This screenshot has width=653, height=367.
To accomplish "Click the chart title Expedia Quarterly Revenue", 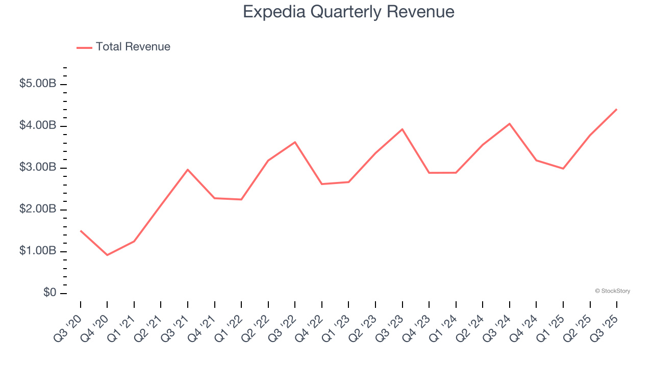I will pyautogui.click(x=348, y=12).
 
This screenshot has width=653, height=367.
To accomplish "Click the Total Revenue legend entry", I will pyautogui.click(x=133, y=47).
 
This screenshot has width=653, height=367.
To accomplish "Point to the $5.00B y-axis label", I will pyautogui.click(x=38, y=84).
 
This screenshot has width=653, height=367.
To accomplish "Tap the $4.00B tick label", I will pyautogui.click(x=38, y=125).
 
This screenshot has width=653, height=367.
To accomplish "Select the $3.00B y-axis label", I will pyautogui.click(x=38, y=168).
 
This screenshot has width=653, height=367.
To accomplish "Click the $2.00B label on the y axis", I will pyautogui.click(x=38, y=209).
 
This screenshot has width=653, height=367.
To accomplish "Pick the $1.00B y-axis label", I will pyautogui.click(x=38, y=251).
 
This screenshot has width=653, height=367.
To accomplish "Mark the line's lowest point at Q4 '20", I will pyautogui.click(x=107, y=255).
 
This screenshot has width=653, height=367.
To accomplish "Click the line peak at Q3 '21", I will pyautogui.click(x=188, y=169).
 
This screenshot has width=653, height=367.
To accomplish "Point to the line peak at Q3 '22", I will pyautogui.click(x=295, y=142).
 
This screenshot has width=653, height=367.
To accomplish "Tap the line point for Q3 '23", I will pyautogui.click(x=402, y=129).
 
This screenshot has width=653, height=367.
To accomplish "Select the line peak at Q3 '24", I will pyautogui.click(x=510, y=123).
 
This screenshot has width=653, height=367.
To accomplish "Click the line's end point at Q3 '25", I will pyautogui.click(x=617, y=109).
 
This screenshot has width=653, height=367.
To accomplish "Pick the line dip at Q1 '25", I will pyautogui.click(x=563, y=169).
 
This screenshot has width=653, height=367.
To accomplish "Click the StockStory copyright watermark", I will pyautogui.click(x=612, y=291).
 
